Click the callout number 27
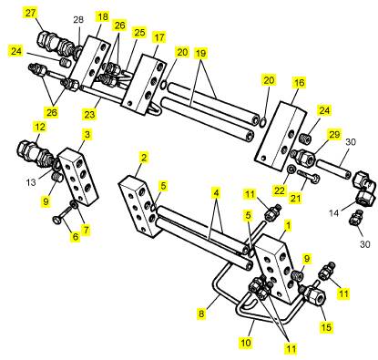[x=30, y=14]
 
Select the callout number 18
[x=103, y=16]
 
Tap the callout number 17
[x=159, y=37]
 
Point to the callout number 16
[x=300, y=83]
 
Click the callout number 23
[x=90, y=115]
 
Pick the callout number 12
[x=40, y=127]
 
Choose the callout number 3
[x=87, y=134]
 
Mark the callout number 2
[x=144, y=158]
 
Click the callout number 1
[x=288, y=225]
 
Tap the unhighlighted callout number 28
[x=78, y=20]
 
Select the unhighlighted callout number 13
[x=31, y=182]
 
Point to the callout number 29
[x=334, y=134]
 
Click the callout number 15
[x=327, y=327]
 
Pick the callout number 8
[x=201, y=314]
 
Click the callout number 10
[x=246, y=343]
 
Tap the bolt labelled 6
[x=63, y=220]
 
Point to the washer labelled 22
[x=291, y=170]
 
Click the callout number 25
[x=139, y=33]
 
